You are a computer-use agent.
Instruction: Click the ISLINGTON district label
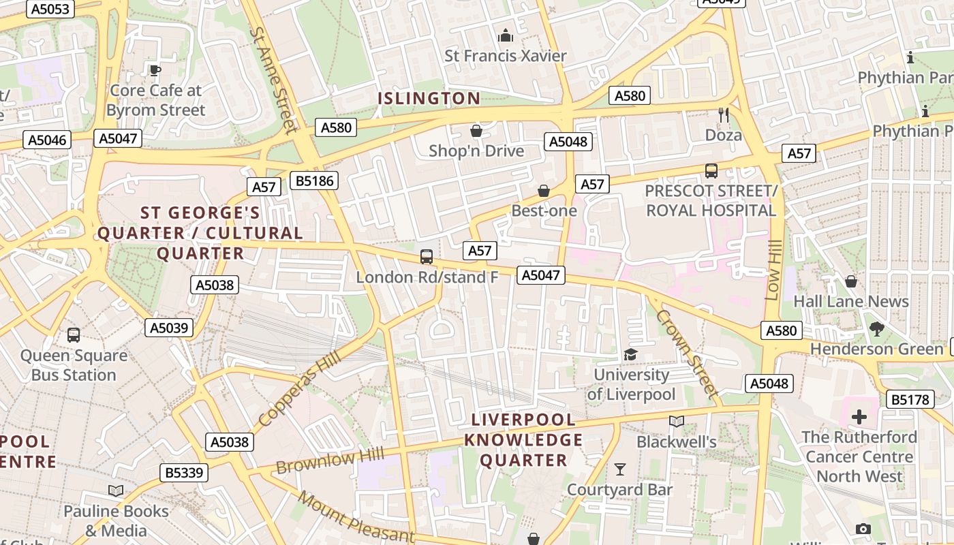(x=429, y=98)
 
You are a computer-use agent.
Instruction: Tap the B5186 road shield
(x=313, y=181)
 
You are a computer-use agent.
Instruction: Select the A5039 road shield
(x=169, y=328)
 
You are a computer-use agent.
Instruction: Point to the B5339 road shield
(x=184, y=473)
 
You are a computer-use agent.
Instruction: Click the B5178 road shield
(x=910, y=400)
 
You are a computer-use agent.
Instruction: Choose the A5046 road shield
(x=47, y=140)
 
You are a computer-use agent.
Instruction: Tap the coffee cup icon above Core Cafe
(x=155, y=70)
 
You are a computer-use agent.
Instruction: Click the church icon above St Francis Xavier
(x=506, y=35)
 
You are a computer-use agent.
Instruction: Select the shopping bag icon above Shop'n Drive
(x=476, y=131)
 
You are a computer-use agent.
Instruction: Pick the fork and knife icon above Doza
(x=724, y=115)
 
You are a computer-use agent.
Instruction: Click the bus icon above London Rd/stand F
(x=427, y=257)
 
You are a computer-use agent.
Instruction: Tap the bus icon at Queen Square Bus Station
(x=74, y=335)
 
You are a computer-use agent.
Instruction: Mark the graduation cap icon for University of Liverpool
(x=631, y=354)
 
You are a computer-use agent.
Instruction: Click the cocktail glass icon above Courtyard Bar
(x=620, y=469)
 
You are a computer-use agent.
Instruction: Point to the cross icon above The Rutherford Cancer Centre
(x=859, y=416)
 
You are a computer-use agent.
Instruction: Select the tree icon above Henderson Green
(x=877, y=329)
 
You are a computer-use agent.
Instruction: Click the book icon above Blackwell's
(x=676, y=422)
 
